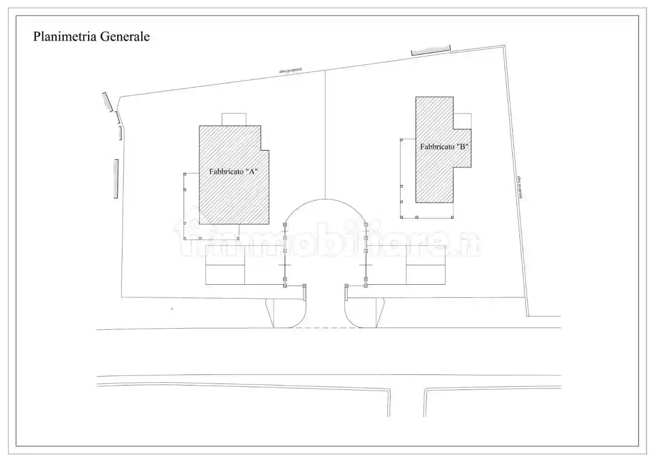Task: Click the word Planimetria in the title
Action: click(65, 37)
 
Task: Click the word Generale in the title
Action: click(125, 37)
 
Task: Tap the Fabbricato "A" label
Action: click(233, 171)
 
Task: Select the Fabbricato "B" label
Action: click(444, 147)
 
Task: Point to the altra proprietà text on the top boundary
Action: click(291, 70)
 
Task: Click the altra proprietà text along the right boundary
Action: click(520, 187)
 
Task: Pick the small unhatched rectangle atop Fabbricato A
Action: click(234, 120)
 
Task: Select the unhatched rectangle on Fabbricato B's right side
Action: click(462, 121)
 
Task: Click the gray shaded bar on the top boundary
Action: click(431, 50)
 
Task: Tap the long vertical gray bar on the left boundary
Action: click(116, 179)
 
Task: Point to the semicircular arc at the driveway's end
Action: click(325, 199)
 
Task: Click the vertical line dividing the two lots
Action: click(325, 135)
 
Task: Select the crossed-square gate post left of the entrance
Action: click(304, 286)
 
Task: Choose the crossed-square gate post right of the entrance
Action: click(346, 286)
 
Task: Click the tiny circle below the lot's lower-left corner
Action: click(172, 308)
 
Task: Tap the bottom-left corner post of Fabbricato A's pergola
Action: click(185, 238)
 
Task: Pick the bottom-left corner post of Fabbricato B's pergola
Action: click(402, 217)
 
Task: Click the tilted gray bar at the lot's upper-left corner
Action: click(107, 102)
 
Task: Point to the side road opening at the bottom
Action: click(406, 403)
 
